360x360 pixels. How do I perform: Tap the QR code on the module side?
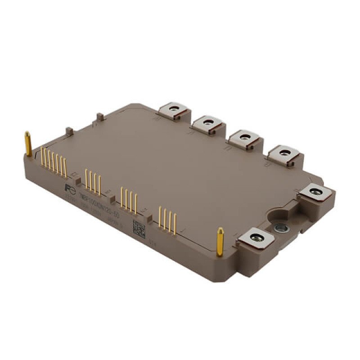(139, 228)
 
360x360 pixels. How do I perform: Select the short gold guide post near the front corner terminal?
(220, 241)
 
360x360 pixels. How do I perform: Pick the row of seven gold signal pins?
(54, 161)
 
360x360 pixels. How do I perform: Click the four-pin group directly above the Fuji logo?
(93, 180)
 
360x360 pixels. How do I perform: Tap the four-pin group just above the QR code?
(129, 200)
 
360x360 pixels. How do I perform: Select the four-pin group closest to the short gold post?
(167, 219)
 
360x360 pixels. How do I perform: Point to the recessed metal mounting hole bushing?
(282, 227)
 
